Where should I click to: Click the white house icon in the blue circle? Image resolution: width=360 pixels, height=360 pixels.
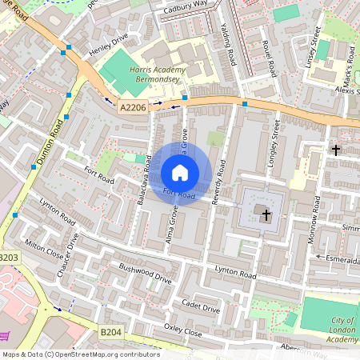[180, 172]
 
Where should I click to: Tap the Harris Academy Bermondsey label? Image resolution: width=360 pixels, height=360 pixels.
[157, 76]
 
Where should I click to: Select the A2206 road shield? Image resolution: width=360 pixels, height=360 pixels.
[134, 106]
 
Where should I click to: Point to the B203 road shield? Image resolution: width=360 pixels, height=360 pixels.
[8, 258]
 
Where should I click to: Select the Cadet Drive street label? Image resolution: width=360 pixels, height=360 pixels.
[201, 306]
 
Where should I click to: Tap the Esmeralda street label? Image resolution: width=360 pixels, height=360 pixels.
[339, 258]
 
